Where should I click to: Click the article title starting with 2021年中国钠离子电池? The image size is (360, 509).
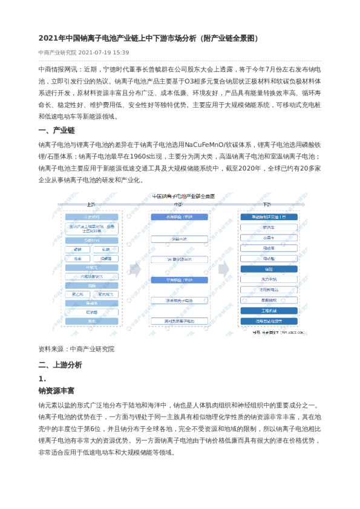(148, 38)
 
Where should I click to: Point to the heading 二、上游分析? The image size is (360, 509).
(60, 365)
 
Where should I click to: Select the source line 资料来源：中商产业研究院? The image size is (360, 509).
(76, 349)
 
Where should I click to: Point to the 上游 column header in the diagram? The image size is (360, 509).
(91, 204)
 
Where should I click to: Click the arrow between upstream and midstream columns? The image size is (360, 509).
(134, 270)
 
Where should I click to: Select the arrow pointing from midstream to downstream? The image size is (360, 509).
(224, 269)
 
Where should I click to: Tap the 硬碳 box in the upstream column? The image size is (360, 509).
(77, 249)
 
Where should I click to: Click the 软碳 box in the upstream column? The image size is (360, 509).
(106, 249)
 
